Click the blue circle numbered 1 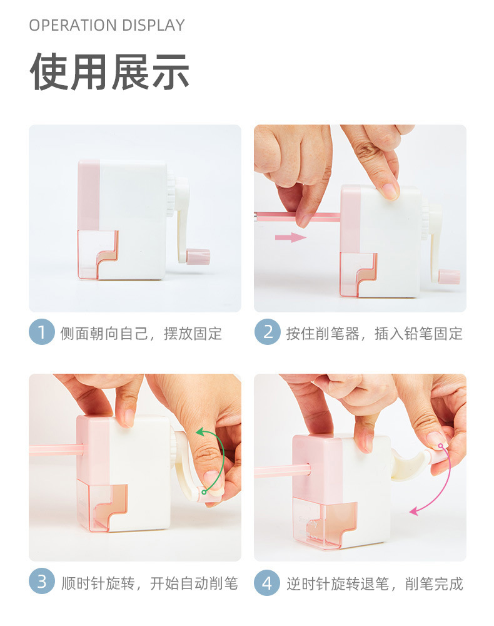41,332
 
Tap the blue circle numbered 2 267,332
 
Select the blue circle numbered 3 41,582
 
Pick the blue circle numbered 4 267,583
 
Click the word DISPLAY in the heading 153,26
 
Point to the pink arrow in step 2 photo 291,237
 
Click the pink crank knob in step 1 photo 198,256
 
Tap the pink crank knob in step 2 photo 450,277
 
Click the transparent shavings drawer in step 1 98,254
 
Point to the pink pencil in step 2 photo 297,217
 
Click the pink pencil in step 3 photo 56,449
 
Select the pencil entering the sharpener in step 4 282,470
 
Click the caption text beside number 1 141,334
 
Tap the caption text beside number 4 375,584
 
